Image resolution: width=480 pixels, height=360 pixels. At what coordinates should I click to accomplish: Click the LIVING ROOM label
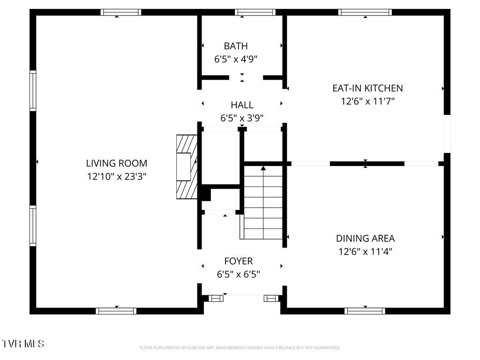(117, 163)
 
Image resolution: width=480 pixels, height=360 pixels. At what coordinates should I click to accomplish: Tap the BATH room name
(236, 46)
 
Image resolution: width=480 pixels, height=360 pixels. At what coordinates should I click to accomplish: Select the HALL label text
(242, 105)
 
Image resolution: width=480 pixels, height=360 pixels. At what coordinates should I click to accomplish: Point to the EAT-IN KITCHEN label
(367, 88)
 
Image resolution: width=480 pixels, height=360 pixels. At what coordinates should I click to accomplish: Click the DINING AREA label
(366, 238)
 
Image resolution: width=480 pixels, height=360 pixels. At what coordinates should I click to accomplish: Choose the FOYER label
(239, 261)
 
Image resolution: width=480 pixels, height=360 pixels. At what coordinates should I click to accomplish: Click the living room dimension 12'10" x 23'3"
(117, 177)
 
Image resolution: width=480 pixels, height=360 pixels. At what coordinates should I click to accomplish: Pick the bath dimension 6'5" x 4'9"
(236, 59)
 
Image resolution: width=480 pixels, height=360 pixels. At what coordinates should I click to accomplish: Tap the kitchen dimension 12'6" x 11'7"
(367, 101)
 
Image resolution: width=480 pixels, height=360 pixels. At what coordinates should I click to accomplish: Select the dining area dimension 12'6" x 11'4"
(366, 251)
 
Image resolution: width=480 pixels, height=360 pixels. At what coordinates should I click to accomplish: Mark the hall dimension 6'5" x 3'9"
(242, 118)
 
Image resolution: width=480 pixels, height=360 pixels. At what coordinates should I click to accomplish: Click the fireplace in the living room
(187, 167)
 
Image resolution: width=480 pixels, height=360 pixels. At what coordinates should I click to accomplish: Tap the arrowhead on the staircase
(263, 168)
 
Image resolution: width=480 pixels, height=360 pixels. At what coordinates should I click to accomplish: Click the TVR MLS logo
(23, 344)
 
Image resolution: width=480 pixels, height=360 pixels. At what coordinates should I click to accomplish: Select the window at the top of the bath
(255, 12)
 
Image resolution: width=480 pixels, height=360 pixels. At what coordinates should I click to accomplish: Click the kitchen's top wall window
(365, 12)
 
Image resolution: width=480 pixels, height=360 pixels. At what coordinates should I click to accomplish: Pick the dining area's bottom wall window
(365, 311)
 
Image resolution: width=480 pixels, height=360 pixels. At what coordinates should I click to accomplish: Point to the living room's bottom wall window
(116, 311)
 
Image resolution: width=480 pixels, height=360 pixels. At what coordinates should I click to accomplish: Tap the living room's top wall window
(121, 12)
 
